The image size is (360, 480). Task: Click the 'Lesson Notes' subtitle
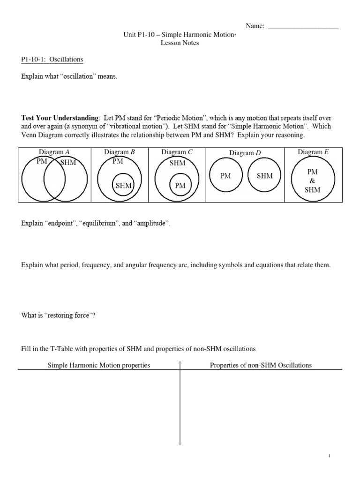tap(180, 43)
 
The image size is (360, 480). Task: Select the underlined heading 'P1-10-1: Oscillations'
tap(52, 60)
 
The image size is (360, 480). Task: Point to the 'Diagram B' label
tap(119, 152)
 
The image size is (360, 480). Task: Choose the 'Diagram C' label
tap(177, 152)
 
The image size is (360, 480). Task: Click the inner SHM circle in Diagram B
tap(123, 186)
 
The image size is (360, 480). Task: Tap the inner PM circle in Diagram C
tap(180, 186)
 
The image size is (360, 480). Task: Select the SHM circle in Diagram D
tap(264, 176)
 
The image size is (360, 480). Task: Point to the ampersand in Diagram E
tap(313, 181)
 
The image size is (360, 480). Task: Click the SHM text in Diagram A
tap(68, 163)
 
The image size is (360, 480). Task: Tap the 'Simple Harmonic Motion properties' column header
tap(99, 365)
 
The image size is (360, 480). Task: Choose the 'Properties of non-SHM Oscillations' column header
tap(261, 365)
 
